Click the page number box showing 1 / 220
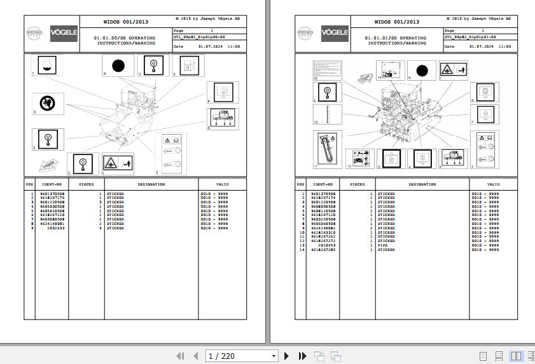pyautogui.click(x=242, y=356)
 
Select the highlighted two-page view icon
pyautogui.click(x=516, y=356)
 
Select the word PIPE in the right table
pyautogui.click(x=382, y=245)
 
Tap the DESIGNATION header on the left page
pyautogui.click(x=151, y=184)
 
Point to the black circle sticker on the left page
pyautogui.click(x=117, y=65)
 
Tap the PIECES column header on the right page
pyautogui.click(x=358, y=184)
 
